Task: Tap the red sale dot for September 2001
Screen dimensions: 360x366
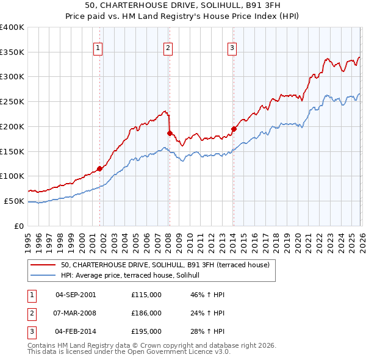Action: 99,168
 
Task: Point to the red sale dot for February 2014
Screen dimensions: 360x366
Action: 233,129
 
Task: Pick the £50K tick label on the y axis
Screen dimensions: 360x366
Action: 14,201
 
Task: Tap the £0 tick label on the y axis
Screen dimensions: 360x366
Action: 20,226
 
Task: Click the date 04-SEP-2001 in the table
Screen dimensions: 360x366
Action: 75,294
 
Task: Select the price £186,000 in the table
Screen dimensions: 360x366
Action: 146,313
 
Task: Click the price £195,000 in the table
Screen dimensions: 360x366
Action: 146,332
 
